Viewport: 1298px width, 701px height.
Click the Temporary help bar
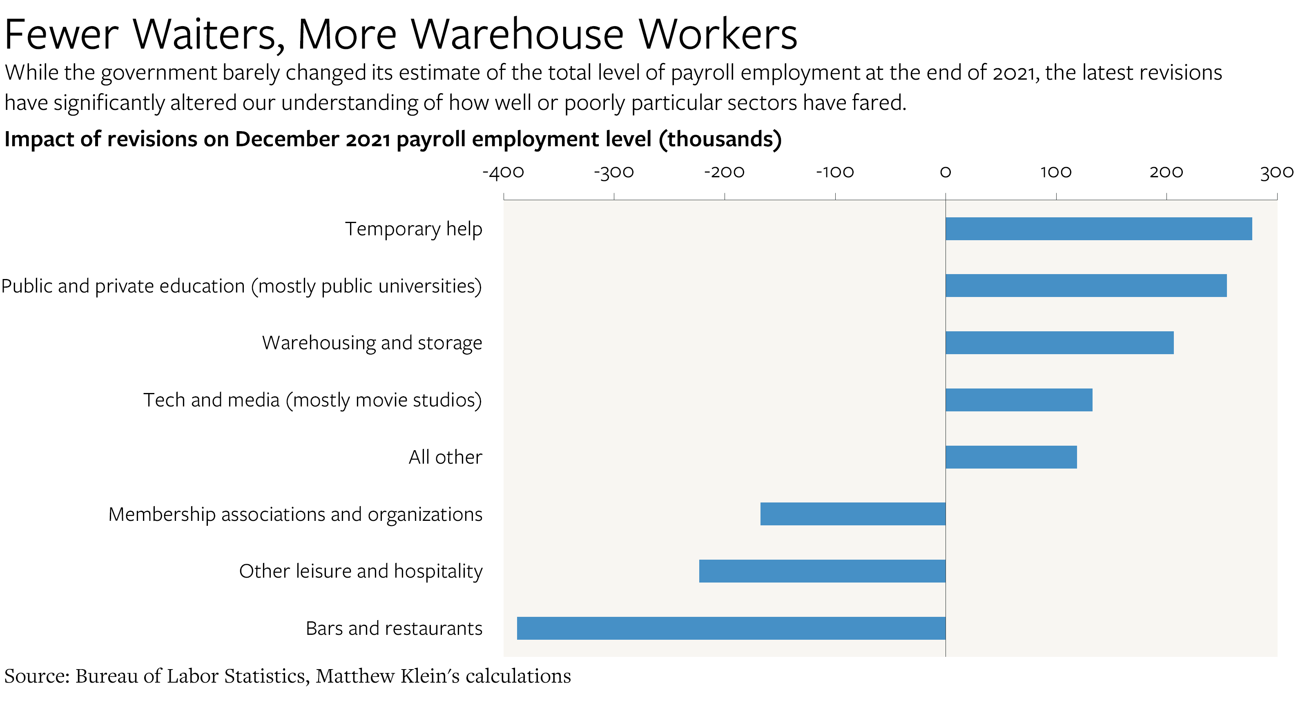pyautogui.click(x=1098, y=229)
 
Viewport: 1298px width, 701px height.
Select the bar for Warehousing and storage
pyautogui.click(x=1059, y=343)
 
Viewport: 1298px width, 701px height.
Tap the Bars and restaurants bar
pyautogui.click(x=731, y=628)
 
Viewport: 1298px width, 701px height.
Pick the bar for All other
pyautogui.click(x=1011, y=457)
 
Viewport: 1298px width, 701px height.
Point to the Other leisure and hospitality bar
pyautogui.click(x=822, y=571)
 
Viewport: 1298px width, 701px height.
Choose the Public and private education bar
pyautogui.click(x=1086, y=286)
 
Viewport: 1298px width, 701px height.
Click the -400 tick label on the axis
pyautogui.click(x=503, y=172)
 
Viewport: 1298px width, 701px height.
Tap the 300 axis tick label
pyautogui.click(x=1276, y=172)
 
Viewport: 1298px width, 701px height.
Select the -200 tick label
pyautogui.click(x=724, y=172)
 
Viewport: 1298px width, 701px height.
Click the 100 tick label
pyautogui.click(x=1056, y=172)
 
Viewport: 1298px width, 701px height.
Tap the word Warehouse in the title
pyautogui.click(x=517, y=35)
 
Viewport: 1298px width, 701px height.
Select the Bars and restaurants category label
pyautogui.click(x=394, y=628)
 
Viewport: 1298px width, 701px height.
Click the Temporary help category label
pyautogui.click(x=413, y=229)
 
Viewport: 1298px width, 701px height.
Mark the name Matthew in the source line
pyautogui.click(x=355, y=676)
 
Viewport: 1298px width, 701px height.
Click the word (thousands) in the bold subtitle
pyautogui.click(x=720, y=139)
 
